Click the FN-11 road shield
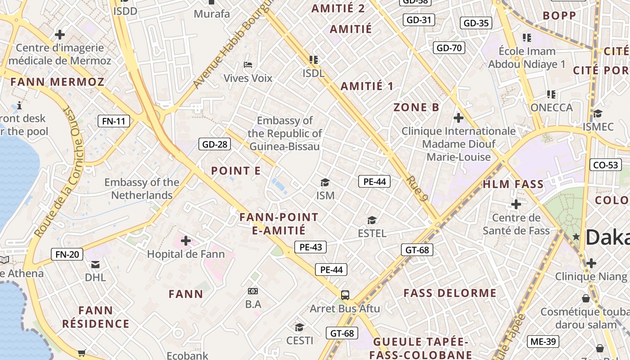[x=114, y=121]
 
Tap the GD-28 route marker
[x=215, y=144]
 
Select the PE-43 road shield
[x=310, y=247]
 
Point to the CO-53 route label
[x=605, y=165]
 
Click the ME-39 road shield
[x=543, y=342]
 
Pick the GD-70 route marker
[x=449, y=48]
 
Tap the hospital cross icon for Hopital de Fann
[x=185, y=241]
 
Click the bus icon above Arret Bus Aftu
[x=345, y=295]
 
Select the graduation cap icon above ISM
[x=325, y=182]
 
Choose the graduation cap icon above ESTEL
[x=372, y=220]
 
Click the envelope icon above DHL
[x=95, y=264]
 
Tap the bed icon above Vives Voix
[x=247, y=65]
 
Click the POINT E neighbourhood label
[x=236, y=171]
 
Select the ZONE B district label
[x=416, y=107]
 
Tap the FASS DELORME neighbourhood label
[x=450, y=293]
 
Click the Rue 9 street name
[x=417, y=188]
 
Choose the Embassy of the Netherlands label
[x=142, y=189]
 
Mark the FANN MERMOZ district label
[x=57, y=82]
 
